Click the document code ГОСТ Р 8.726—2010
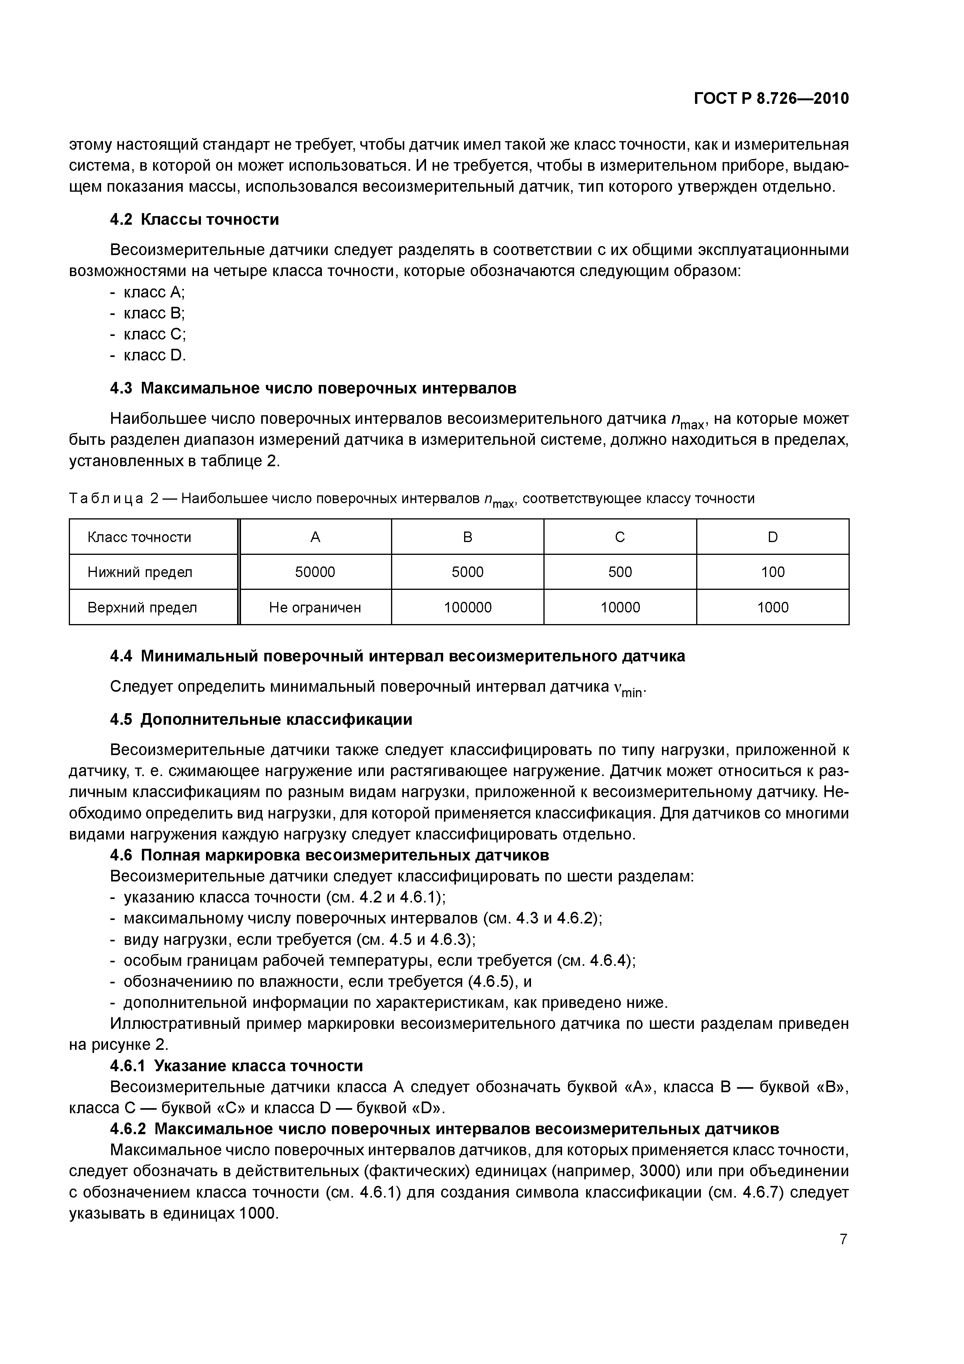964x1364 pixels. tap(771, 99)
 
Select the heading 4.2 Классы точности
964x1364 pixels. tap(194, 220)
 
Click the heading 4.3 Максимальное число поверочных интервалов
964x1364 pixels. tap(313, 388)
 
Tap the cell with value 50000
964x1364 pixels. tap(315, 572)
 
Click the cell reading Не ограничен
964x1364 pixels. tap(315, 608)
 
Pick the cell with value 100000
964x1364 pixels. tap(468, 608)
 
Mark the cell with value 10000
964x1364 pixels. tap(620, 608)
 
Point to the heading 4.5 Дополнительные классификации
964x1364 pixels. tap(261, 720)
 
